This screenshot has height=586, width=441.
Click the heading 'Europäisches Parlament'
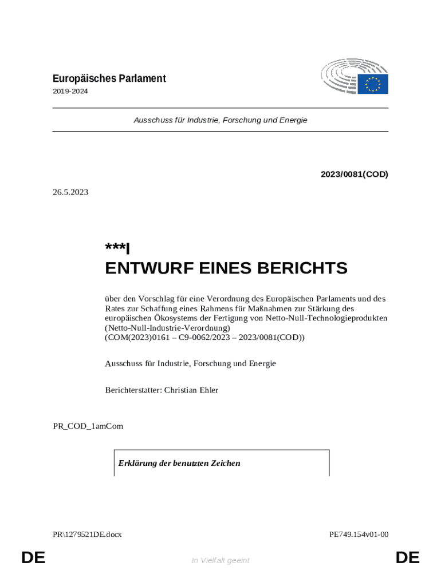tap(109, 78)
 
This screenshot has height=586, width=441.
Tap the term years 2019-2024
tap(70, 91)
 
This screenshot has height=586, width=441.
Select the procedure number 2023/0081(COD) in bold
tap(354, 174)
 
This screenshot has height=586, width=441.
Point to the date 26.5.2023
tap(70, 192)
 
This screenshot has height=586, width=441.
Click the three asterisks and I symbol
tap(117, 248)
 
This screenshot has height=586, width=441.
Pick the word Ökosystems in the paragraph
tap(172, 317)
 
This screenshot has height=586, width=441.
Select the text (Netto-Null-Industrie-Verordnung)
tap(167, 327)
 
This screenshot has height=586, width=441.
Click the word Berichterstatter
tap(133, 390)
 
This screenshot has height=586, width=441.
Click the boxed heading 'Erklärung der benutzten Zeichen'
tap(179, 463)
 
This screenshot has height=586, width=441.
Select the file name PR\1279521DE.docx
tap(87, 534)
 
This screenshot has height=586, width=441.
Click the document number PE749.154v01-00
tap(359, 534)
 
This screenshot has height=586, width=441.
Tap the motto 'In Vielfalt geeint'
tap(220, 560)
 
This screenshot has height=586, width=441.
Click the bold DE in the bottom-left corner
tap(33, 558)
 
